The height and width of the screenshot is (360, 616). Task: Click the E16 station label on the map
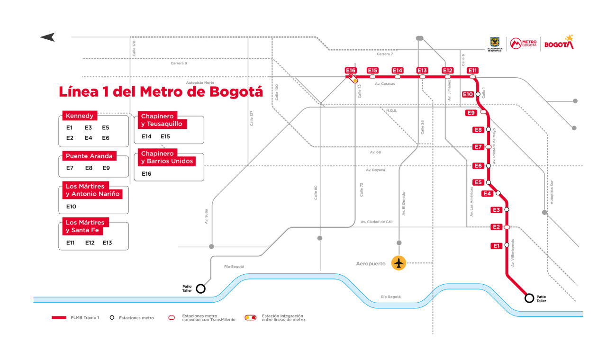point(350,71)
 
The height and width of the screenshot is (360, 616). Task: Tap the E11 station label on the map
point(472,71)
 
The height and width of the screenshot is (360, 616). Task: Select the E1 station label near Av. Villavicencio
point(496,245)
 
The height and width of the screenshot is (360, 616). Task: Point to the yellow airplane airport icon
point(399,263)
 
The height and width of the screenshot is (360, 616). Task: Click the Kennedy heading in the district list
point(80,116)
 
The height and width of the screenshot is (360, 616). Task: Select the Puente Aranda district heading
point(89,156)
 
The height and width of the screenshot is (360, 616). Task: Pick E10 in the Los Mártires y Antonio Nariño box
point(71,207)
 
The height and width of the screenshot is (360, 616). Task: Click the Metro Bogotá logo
point(523,44)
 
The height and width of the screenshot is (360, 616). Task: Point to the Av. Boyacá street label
point(375,170)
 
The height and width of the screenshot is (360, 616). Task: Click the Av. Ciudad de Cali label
point(376,222)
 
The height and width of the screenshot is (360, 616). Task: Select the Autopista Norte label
point(200,82)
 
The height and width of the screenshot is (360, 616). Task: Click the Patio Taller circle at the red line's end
point(529,298)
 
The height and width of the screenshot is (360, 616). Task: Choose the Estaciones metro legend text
point(136,317)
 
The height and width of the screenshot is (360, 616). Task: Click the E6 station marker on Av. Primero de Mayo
point(488,166)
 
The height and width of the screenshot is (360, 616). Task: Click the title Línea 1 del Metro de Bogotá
point(161,91)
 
